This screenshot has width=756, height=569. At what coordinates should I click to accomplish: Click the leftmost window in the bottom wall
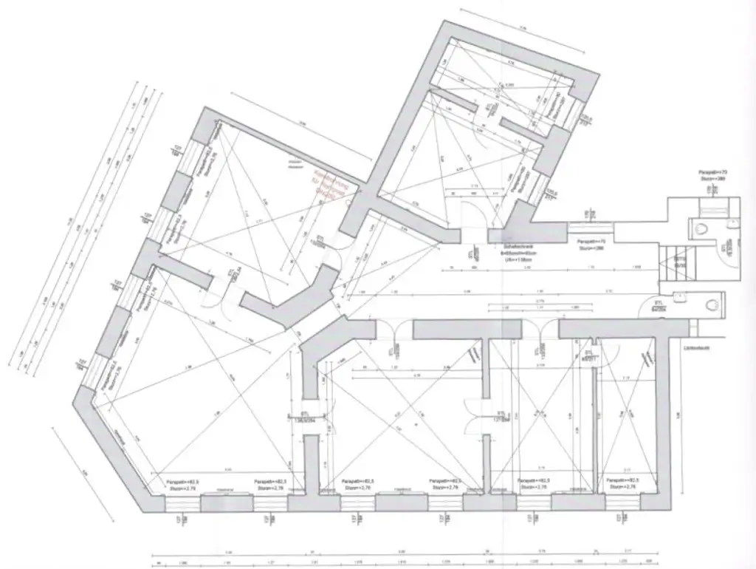(180, 502)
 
